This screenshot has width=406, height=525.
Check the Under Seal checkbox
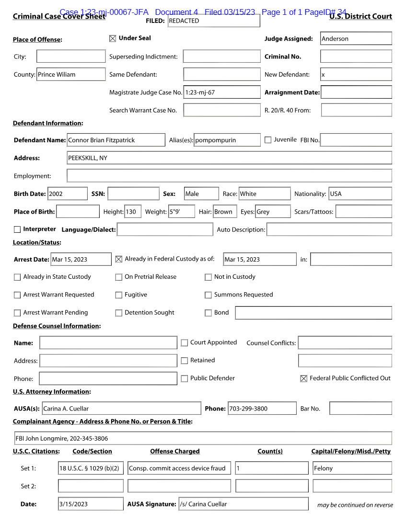pyautogui.click(x=113, y=39)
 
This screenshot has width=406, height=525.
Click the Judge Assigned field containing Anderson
pyautogui.click(x=356, y=39)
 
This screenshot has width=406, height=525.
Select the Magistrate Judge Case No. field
pyautogui.click(x=222, y=92)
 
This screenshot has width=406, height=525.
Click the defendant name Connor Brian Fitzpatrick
pyautogui.click(x=116, y=140)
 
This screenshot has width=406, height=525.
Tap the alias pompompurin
pyautogui.click(x=227, y=140)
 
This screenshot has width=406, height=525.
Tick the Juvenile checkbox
pyautogui.click(x=268, y=140)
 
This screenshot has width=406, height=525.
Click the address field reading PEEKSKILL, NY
pyautogui.click(x=229, y=158)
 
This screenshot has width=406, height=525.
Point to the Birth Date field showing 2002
pyautogui.click(x=67, y=194)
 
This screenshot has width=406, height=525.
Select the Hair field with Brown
pyautogui.click(x=223, y=212)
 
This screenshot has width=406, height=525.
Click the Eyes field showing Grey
pyautogui.click(x=272, y=212)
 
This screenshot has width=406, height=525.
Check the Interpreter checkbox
pyautogui.click(x=17, y=229)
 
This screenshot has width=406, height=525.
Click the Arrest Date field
pyautogui.click(x=81, y=260)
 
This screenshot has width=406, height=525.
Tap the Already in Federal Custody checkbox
pyautogui.click(x=119, y=259)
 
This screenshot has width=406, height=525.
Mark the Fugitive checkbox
pyautogui.click(x=119, y=295)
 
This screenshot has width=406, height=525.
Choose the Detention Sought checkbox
pyautogui.click(x=119, y=313)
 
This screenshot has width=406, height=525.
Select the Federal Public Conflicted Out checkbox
pyautogui.click(x=303, y=379)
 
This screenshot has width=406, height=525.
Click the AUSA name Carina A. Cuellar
pyautogui.click(x=121, y=409)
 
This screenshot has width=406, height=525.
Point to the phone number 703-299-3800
pyautogui.click(x=262, y=409)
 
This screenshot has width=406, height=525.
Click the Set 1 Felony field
pyautogui.click(x=352, y=468)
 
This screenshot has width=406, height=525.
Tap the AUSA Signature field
pyautogui.click(x=243, y=504)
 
